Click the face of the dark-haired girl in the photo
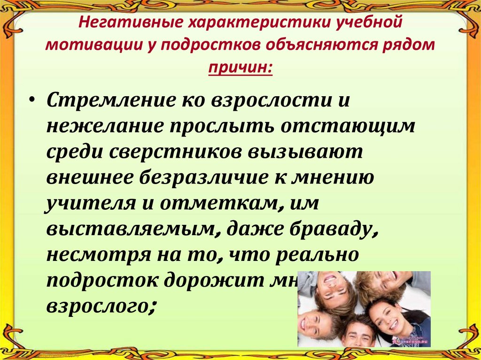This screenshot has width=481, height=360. click(x=389, y=320)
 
